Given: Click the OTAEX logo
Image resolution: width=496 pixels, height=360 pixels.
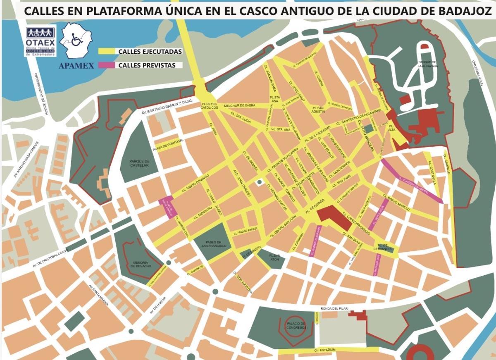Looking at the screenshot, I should (x=41, y=42).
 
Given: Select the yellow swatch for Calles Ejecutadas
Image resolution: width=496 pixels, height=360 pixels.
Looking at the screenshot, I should (x=107, y=52).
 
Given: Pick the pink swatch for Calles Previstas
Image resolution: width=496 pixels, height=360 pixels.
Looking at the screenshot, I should (x=107, y=65).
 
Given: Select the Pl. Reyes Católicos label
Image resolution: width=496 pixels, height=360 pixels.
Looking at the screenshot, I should (x=210, y=105).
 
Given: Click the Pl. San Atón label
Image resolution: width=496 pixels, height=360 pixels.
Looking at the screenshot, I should (x=275, y=257).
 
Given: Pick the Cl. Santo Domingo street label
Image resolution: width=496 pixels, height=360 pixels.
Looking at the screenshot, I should (x=196, y=183).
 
